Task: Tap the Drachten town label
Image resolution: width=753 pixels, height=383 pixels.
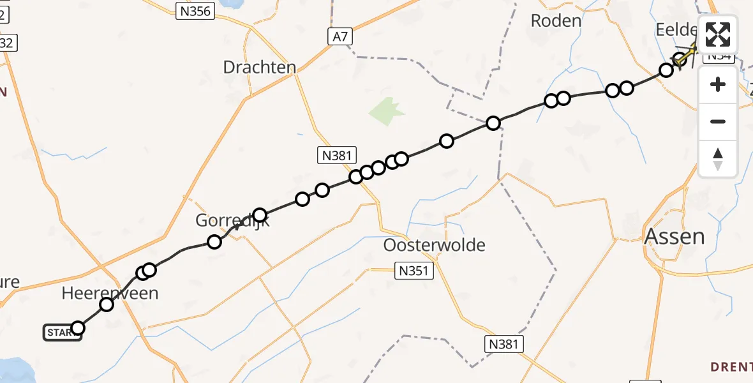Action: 260,67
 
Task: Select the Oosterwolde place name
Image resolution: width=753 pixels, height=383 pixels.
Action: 434,245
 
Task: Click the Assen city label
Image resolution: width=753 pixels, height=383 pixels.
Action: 675,237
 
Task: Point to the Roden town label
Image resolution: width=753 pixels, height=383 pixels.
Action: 556,20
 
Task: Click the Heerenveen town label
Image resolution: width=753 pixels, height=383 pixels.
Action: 110,293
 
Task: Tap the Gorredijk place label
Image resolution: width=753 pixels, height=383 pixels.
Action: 232,221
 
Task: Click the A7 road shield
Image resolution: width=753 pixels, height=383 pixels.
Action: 341,37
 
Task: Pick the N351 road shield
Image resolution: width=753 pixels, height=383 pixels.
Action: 414,270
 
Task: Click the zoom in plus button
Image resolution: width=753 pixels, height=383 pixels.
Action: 718,85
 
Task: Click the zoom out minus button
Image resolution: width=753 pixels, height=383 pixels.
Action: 718,121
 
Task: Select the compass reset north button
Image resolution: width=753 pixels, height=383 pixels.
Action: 718,158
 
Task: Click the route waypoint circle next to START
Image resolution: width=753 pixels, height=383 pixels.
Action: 77,328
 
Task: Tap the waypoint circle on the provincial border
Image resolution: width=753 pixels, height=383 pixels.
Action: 493,123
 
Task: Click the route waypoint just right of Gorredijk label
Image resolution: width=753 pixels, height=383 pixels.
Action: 259,214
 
